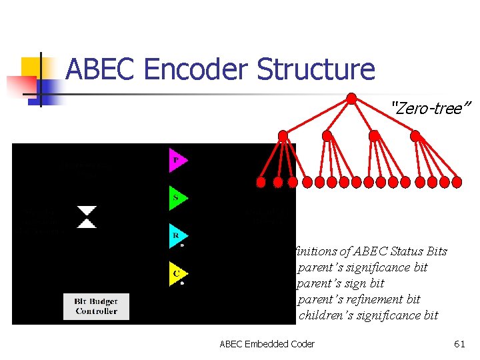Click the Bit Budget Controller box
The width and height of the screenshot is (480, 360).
[x=96, y=306]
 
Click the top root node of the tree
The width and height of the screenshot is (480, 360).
[x=351, y=98]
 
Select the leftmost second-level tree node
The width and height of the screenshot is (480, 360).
[x=283, y=135]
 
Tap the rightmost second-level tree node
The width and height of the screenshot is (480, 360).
[x=415, y=135]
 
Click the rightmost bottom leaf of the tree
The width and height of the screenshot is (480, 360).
[x=457, y=181]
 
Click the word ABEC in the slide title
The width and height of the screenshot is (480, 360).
[x=99, y=69]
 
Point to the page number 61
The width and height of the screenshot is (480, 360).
[x=459, y=344]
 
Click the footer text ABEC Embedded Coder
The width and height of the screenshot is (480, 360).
[x=267, y=344]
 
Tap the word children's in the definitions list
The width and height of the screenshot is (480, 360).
[x=327, y=315]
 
